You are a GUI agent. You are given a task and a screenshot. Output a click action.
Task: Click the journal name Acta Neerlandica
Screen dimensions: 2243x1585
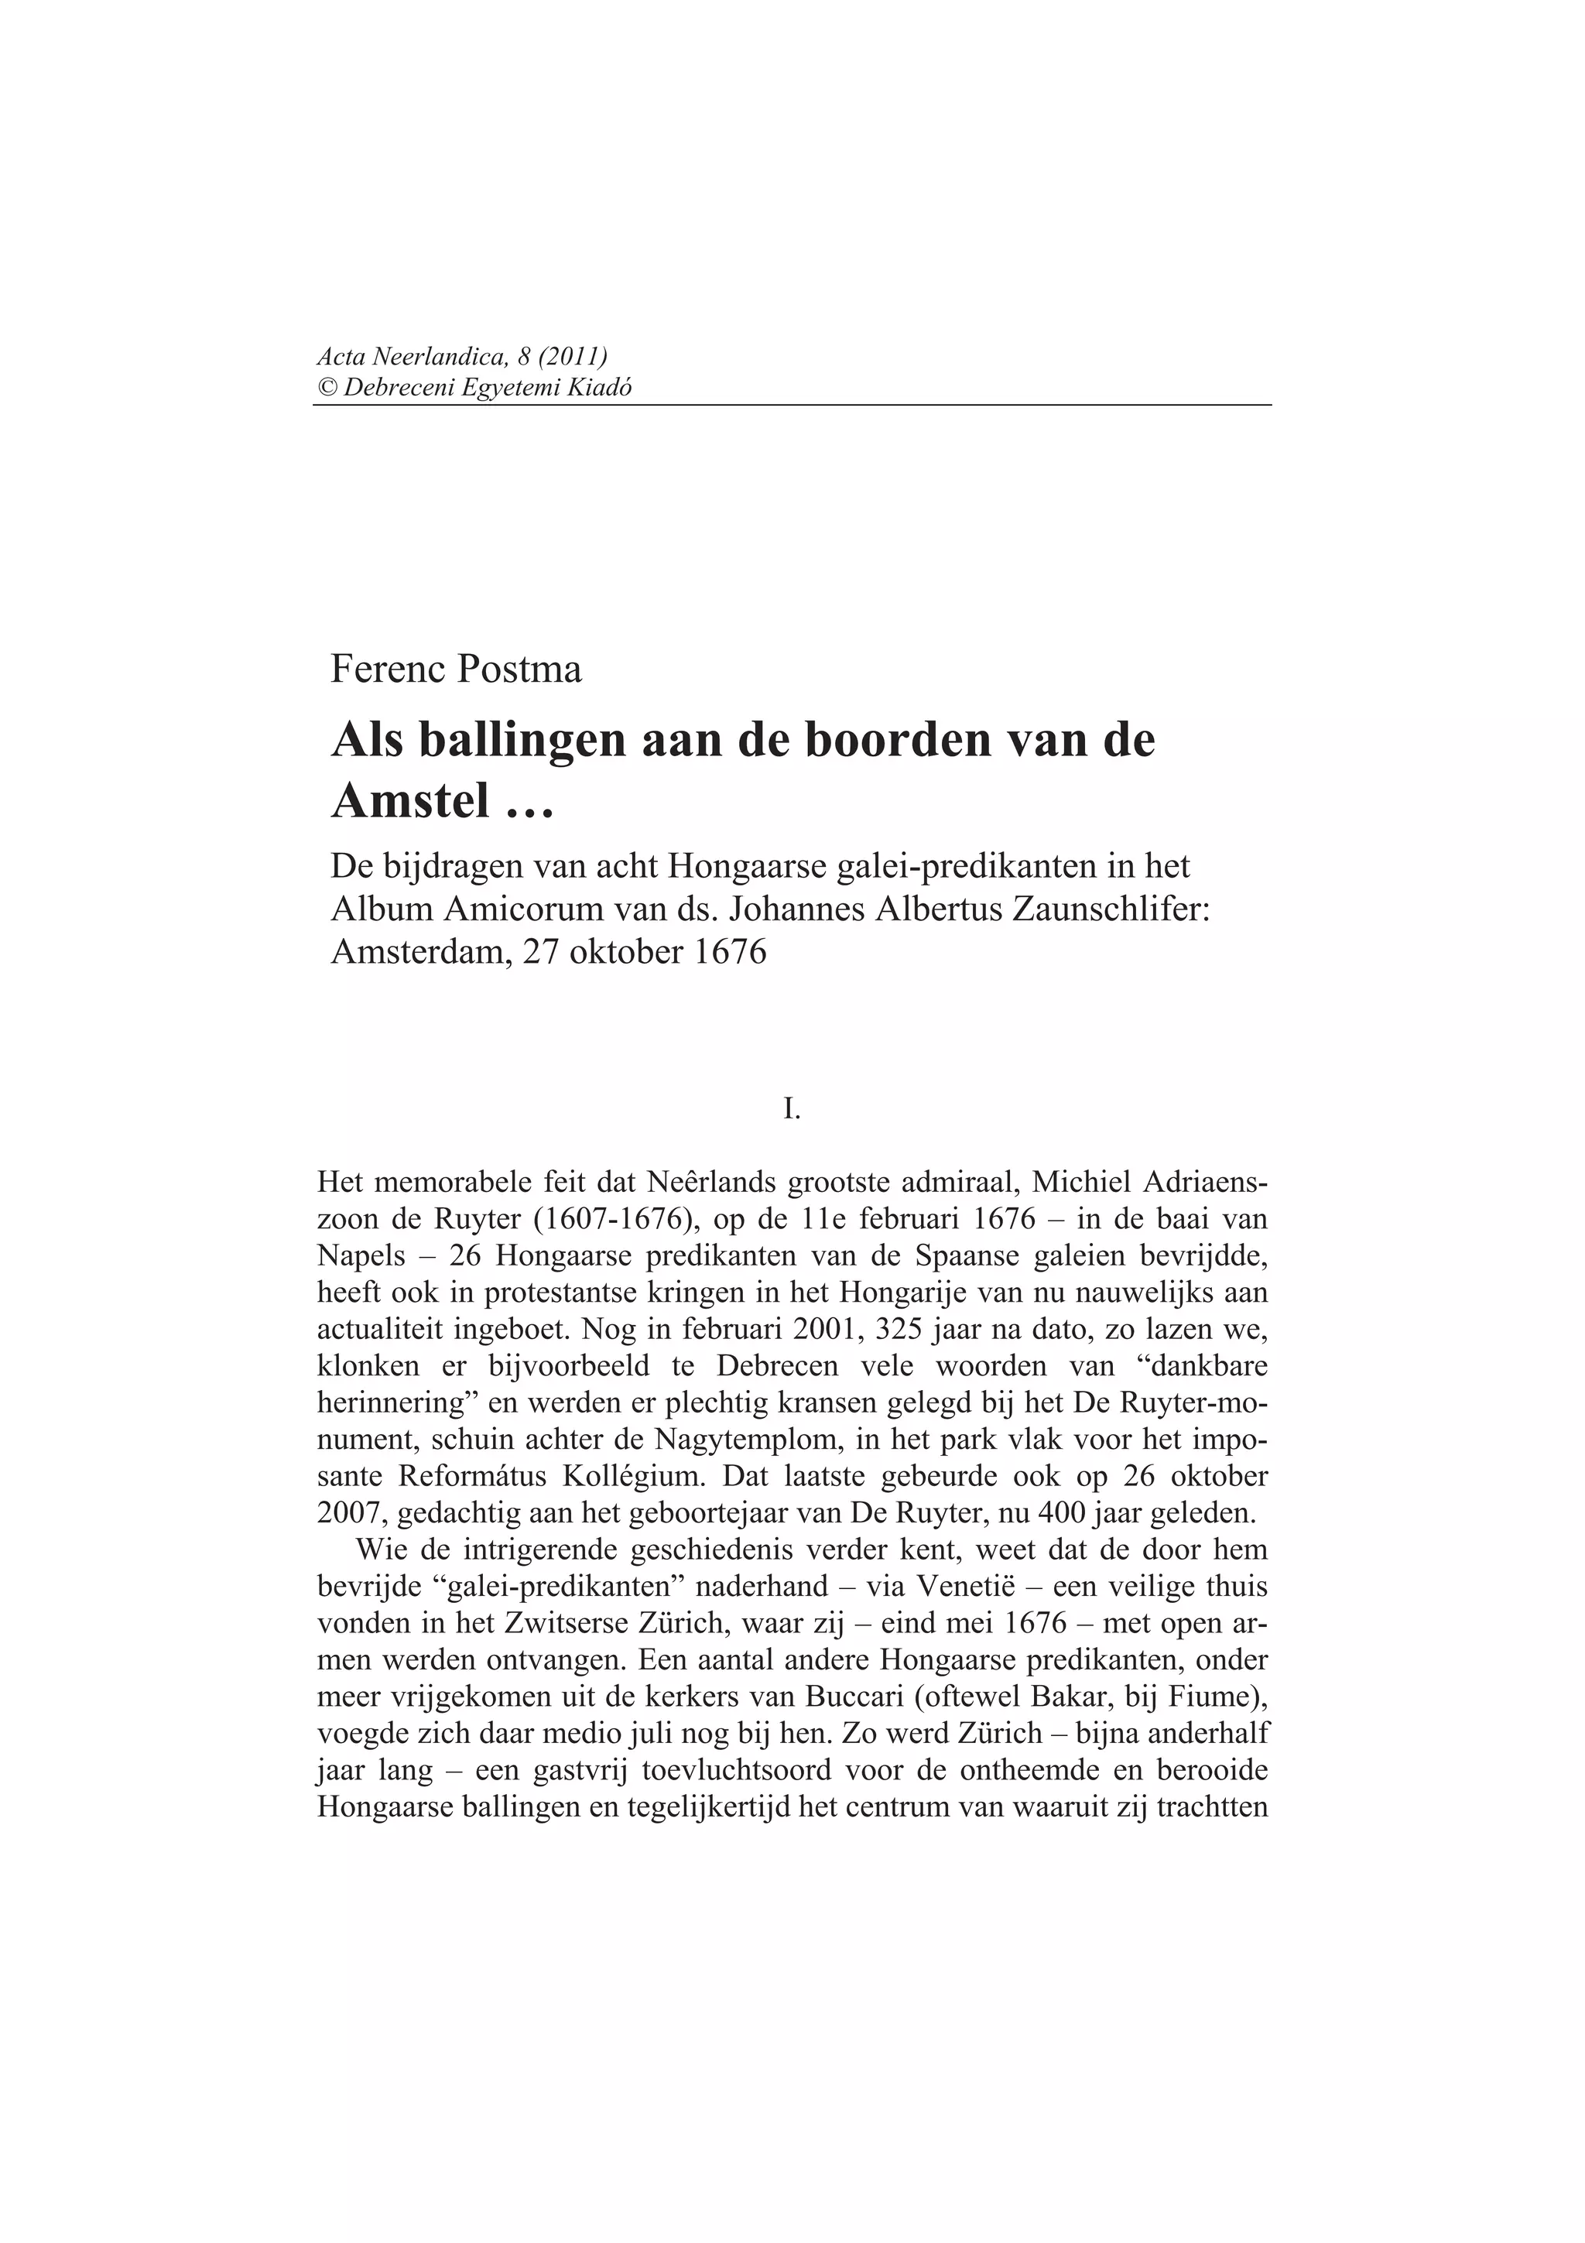click(x=411, y=358)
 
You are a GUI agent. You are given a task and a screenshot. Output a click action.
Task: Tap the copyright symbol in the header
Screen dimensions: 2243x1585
click(x=326, y=388)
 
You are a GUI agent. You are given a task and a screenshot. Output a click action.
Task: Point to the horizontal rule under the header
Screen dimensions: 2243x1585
click(x=792, y=405)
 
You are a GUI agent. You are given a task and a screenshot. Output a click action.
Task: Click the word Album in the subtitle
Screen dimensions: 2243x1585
click(x=382, y=909)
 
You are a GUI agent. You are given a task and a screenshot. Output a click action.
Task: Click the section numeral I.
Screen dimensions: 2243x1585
click(x=792, y=1108)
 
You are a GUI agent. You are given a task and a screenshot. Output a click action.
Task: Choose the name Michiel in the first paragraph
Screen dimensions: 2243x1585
click(x=1086, y=1182)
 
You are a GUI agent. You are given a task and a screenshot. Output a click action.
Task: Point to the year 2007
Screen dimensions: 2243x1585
click(x=353, y=1513)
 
